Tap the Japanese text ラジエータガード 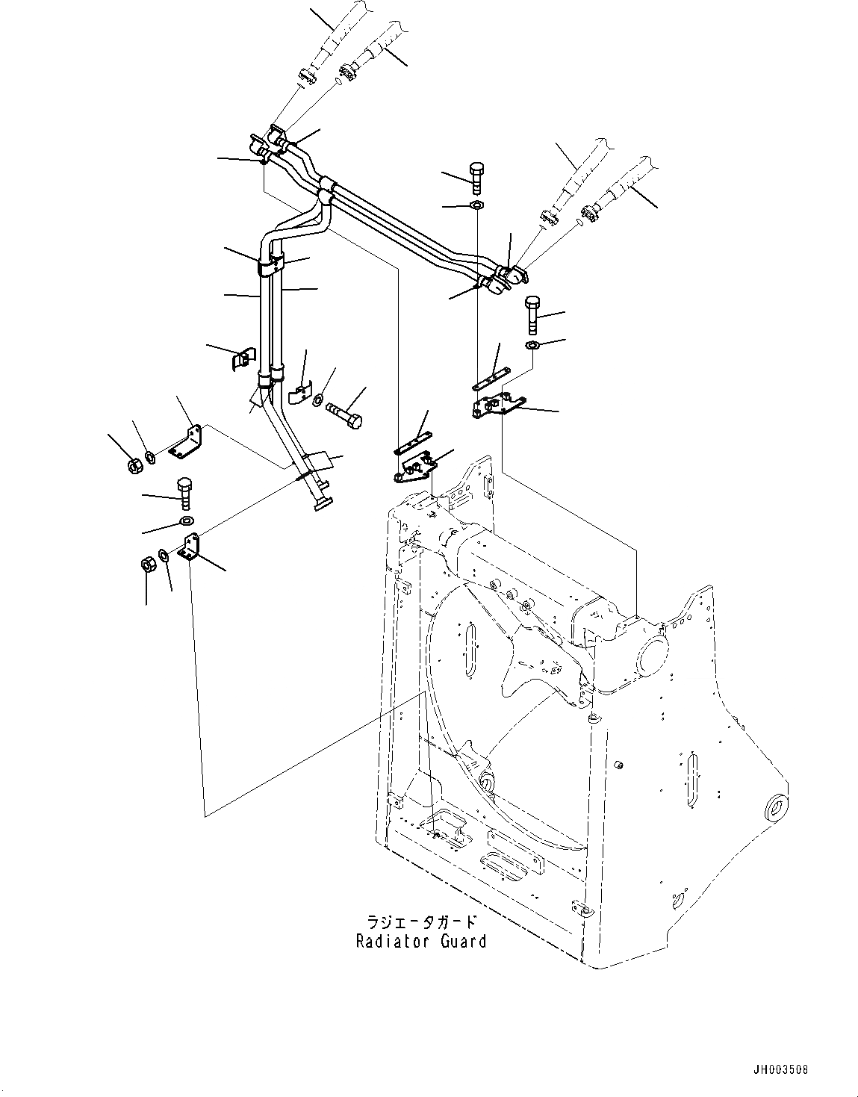(x=422, y=924)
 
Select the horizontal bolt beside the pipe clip (x=343, y=412)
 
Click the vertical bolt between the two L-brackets (x=184, y=492)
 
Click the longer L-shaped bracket (x=186, y=442)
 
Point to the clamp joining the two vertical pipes (x=272, y=263)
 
